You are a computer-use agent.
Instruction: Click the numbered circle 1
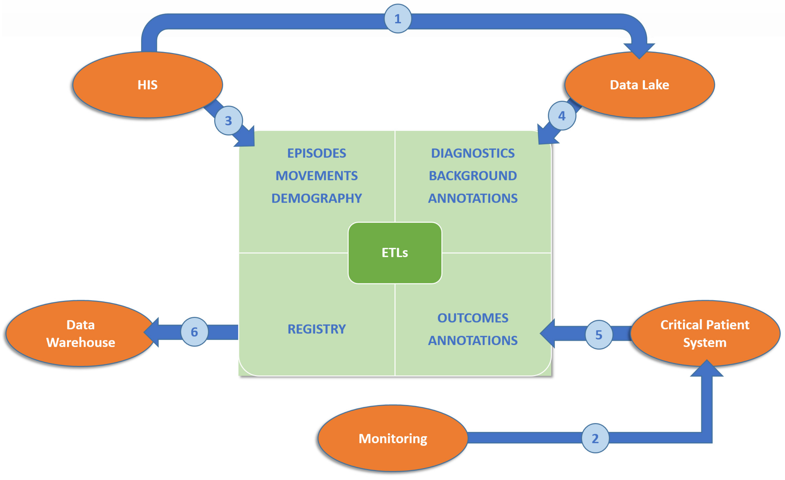pos(398,18)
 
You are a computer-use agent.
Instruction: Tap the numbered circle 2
pos(595,438)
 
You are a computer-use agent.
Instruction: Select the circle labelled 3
pos(228,120)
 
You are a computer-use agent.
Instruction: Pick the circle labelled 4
pos(562,116)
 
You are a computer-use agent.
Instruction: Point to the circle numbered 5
pos(599,335)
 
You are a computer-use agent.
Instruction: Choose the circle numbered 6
pos(194,332)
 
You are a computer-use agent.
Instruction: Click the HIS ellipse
pos(148,85)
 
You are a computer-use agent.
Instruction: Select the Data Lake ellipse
pos(639,85)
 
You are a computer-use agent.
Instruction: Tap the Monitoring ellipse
pos(393,438)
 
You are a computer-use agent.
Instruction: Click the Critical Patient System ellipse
pos(705,333)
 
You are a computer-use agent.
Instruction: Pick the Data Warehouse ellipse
pos(81,333)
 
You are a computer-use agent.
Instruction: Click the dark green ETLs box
pos(395,253)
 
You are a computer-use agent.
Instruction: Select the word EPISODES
pos(317,153)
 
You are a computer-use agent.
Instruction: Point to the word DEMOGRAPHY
pos(317,198)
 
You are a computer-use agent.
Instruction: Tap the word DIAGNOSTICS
pos(473,153)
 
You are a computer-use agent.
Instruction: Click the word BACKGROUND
pos(473,176)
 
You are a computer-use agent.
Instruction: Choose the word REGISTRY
pos(317,329)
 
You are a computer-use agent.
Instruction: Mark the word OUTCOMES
pos(473,318)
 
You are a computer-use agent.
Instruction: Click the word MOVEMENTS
pos(317,176)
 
